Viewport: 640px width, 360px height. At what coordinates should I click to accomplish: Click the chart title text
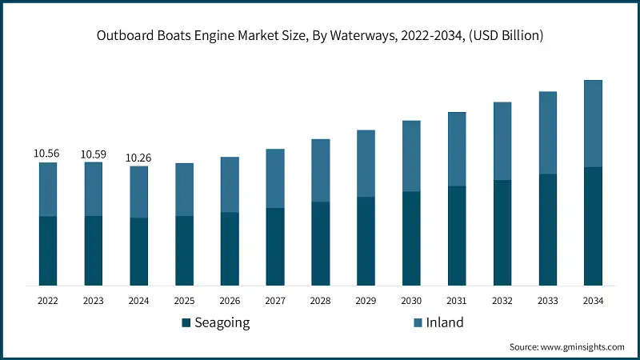(x=320, y=35)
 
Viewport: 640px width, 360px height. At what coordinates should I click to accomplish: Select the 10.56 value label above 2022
(x=47, y=153)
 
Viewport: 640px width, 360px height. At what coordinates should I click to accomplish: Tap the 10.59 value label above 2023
(x=93, y=153)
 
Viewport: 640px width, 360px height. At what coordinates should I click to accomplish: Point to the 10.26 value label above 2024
(x=138, y=158)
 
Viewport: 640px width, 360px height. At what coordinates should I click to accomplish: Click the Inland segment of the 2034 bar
(x=593, y=123)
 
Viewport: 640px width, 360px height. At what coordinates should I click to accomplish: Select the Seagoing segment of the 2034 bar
(x=593, y=226)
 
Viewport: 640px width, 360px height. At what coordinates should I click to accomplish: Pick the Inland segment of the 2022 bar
(x=48, y=189)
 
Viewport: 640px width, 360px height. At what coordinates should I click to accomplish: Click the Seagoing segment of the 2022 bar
(x=48, y=250)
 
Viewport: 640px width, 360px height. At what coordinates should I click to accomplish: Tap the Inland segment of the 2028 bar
(x=320, y=170)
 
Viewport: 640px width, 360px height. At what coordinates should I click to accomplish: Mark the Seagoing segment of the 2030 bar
(x=411, y=238)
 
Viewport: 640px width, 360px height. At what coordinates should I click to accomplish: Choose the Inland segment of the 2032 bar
(x=502, y=141)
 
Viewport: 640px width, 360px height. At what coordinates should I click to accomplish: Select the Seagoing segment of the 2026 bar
(x=230, y=248)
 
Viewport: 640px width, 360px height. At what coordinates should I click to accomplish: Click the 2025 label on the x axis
(x=184, y=301)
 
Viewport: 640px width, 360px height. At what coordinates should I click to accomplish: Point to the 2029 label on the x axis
(x=366, y=301)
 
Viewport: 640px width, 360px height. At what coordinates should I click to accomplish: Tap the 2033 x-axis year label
(x=547, y=301)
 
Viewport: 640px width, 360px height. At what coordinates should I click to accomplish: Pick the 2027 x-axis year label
(x=275, y=301)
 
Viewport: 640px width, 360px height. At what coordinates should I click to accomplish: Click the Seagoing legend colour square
(x=186, y=323)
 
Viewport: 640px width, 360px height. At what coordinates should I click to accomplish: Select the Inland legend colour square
(x=418, y=323)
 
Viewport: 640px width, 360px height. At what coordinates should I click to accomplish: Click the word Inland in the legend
(x=445, y=322)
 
